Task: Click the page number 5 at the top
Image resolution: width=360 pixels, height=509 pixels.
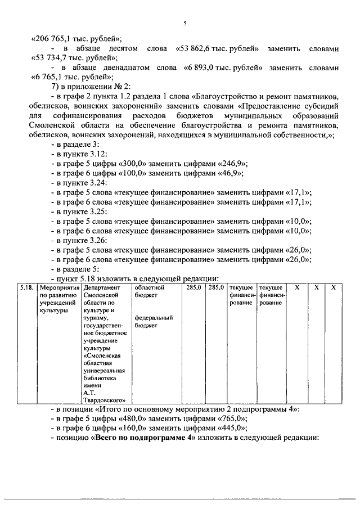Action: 184,22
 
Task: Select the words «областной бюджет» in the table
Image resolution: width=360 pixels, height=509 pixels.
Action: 145,291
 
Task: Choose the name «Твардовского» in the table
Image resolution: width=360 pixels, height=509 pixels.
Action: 103,401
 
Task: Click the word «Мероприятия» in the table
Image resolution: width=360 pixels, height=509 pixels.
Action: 58,287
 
